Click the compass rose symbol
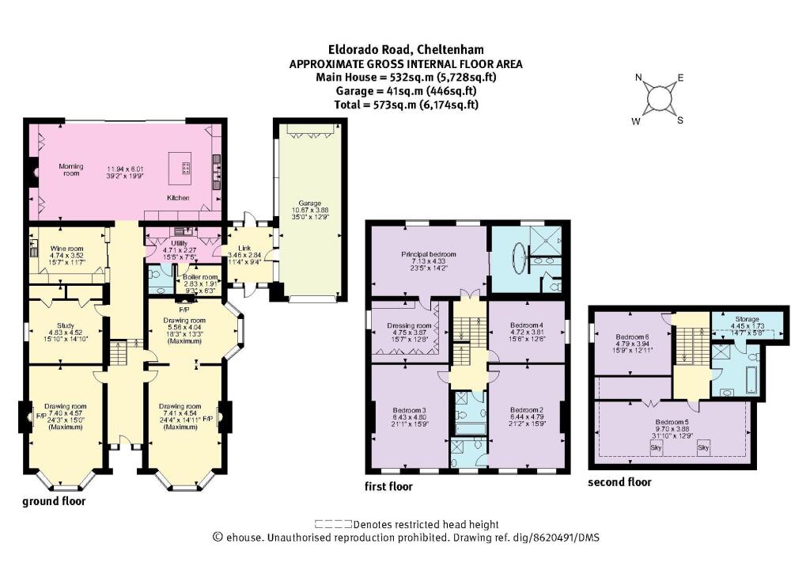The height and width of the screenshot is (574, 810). click(658, 99)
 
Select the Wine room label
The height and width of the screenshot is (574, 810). click(66, 247)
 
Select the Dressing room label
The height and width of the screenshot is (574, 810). click(409, 325)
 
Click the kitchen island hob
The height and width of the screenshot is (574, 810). click(187, 167)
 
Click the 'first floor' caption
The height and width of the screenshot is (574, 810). click(388, 486)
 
